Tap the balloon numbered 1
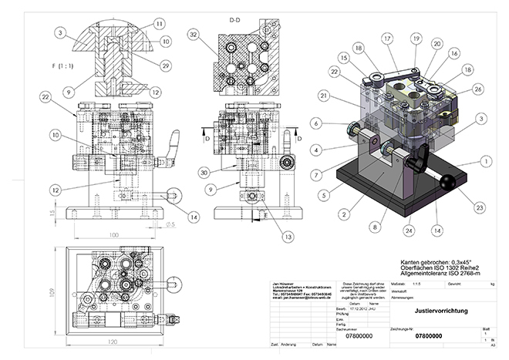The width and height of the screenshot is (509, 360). click(484, 161)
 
